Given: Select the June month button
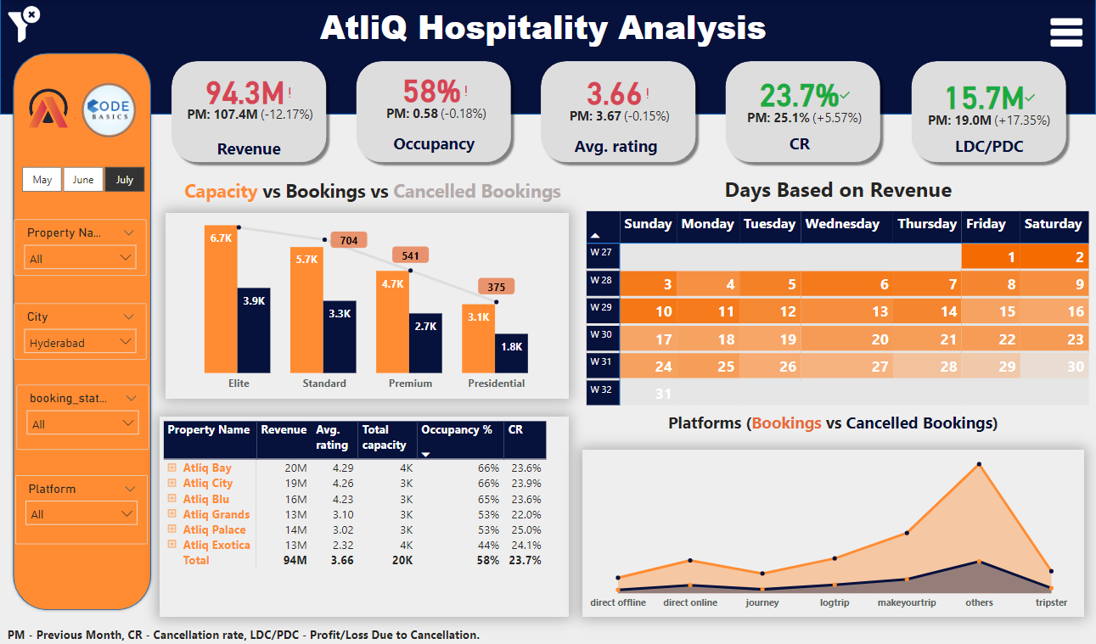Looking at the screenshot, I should tap(83, 180).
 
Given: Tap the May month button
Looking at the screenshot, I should tap(42, 180).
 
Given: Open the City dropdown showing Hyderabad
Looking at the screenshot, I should tap(80, 343).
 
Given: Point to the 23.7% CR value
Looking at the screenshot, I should tap(798, 95).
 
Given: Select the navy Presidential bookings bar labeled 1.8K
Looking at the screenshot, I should tap(511, 353).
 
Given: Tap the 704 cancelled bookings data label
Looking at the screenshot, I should tap(348, 240).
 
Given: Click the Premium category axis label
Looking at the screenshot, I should tap(410, 384).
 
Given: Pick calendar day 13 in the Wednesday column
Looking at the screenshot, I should tap(880, 311).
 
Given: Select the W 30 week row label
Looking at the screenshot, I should tap(601, 334).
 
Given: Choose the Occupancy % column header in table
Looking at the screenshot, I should tap(457, 430).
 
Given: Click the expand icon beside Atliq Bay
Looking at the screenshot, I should tap(171, 468).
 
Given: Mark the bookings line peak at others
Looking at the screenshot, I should tap(979, 464).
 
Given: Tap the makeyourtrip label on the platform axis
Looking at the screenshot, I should tap(906, 602).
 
